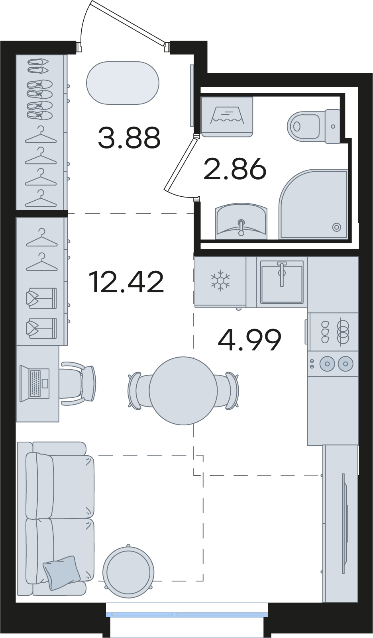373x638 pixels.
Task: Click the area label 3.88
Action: coord(130,138)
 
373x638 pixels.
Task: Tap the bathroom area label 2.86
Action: coord(235,169)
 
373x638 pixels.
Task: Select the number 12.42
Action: coord(126,282)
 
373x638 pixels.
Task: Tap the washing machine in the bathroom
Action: coord(227,117)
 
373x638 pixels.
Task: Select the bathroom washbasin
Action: coord(241,221)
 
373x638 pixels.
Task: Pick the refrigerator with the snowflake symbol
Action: coord(220,282)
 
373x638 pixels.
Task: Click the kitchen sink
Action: coord(281,282)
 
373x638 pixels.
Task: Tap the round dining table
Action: coord(183,391)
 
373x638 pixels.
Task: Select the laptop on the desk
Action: coord(35,384)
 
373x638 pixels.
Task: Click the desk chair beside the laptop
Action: coord(78,384)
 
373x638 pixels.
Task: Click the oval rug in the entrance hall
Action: coord(123,83)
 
